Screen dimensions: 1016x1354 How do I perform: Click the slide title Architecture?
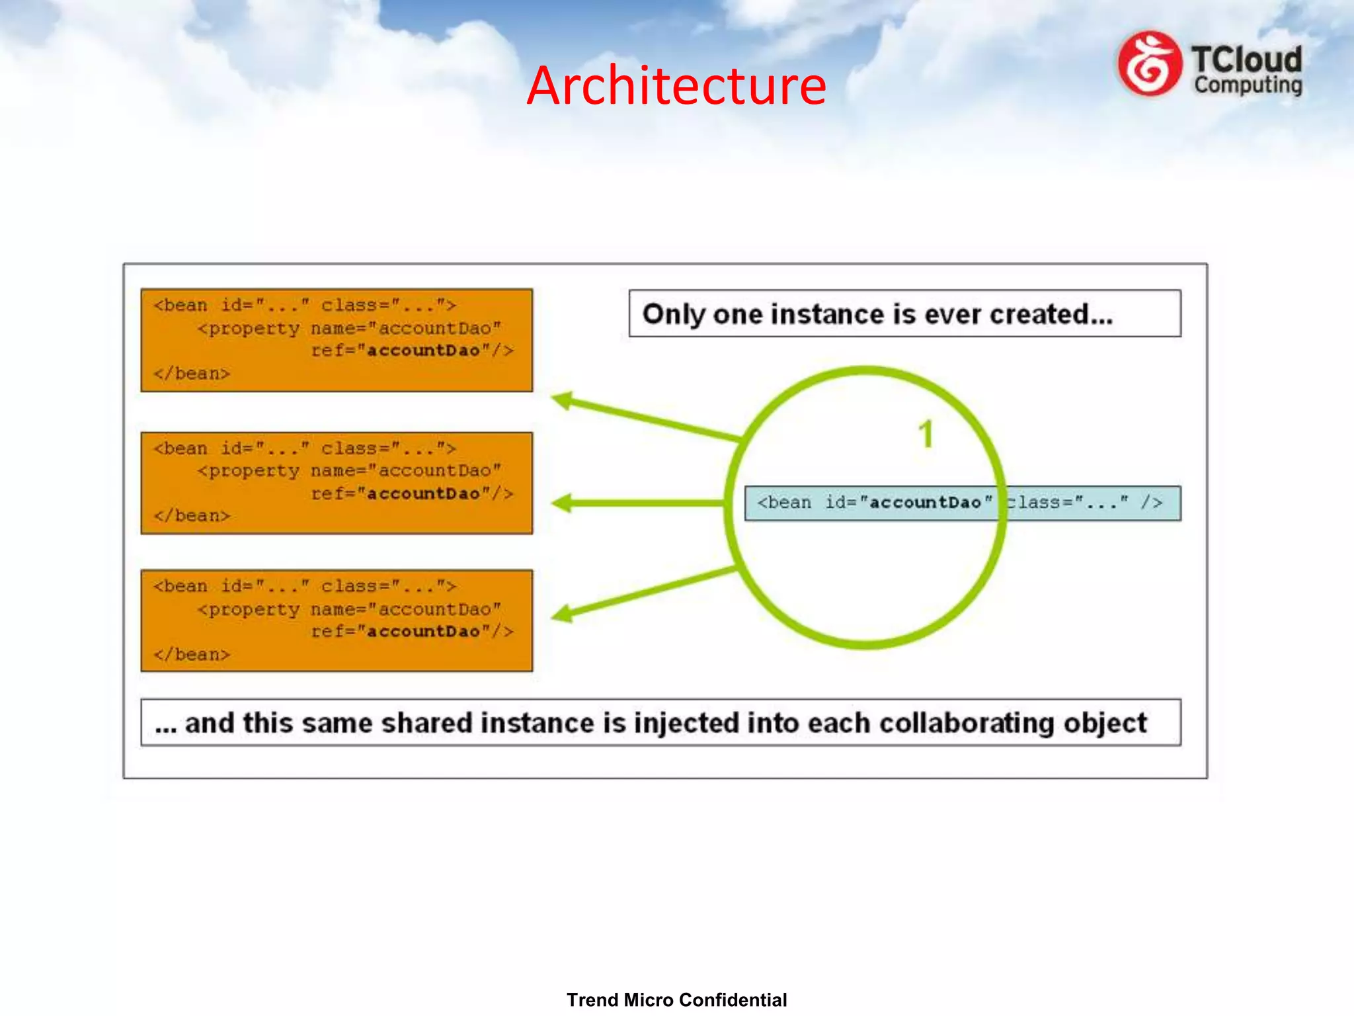click(676, 86)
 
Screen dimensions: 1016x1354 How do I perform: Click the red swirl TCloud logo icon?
click(1149, 64)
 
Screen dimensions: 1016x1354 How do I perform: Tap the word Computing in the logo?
click(1248, 85)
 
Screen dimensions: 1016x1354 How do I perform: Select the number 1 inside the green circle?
click(926, 435)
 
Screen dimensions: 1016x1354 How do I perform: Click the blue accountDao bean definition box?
click(962, 503)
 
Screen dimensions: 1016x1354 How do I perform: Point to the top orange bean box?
click(337, 340)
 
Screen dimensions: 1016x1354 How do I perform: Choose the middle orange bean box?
click(337, 483)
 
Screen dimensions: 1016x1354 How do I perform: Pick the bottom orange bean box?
click(337, 620)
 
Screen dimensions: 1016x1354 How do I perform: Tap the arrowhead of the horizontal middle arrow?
click(563, 503)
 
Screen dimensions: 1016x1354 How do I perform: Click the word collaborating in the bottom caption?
click(967, 723)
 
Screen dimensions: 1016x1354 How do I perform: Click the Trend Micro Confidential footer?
click(676, 999)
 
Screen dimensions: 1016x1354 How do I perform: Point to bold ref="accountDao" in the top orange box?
click(411, 351)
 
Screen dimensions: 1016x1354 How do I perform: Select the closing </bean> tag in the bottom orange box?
click(192, 654)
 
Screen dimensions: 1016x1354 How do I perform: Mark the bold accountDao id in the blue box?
click(924, 503)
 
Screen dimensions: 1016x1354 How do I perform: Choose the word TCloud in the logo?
click(1246, 60)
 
